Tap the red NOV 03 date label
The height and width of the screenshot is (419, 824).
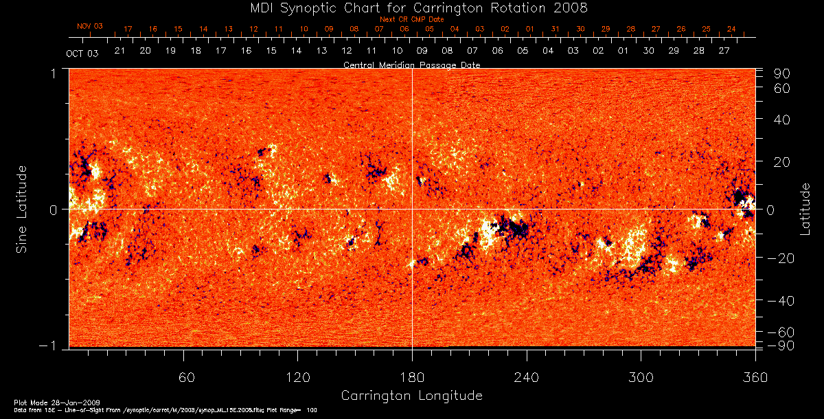tap(90, 26)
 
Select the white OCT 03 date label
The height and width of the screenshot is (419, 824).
tap(82, 53)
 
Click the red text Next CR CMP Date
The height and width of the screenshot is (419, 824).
tap(412, 19)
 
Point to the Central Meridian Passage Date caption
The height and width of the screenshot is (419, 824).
tap(412, 65)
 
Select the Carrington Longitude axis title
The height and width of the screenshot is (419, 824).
tap(412, 396)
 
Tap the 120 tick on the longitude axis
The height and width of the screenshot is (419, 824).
tap(297, 377)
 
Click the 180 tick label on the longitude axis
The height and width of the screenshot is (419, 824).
tap(412, 377)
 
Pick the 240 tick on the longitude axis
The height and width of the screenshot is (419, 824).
tap(527, 377)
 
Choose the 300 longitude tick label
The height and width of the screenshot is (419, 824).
tap(641, 377)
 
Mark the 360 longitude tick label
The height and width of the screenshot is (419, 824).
tap(755, 377)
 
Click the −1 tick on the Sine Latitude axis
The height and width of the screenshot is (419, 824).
tap(53, 346)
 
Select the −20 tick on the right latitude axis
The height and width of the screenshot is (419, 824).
tap(779, 258)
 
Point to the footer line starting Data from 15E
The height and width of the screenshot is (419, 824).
tap(165, 410)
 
